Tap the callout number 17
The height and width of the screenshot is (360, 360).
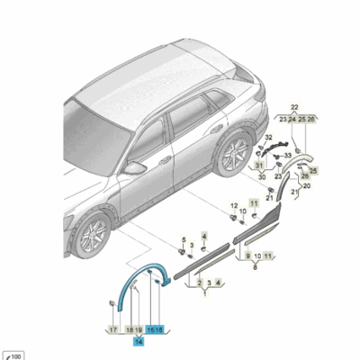click(112, 330)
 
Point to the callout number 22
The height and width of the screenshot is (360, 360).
click(293, 107)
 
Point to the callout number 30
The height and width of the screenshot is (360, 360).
click(263, 176)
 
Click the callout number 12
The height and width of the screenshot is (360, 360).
click(233, 205)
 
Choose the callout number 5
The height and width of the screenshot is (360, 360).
click(184, 239)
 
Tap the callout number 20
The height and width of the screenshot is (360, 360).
click(305, 186)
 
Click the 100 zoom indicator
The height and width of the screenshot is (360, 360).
click(13, 355)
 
